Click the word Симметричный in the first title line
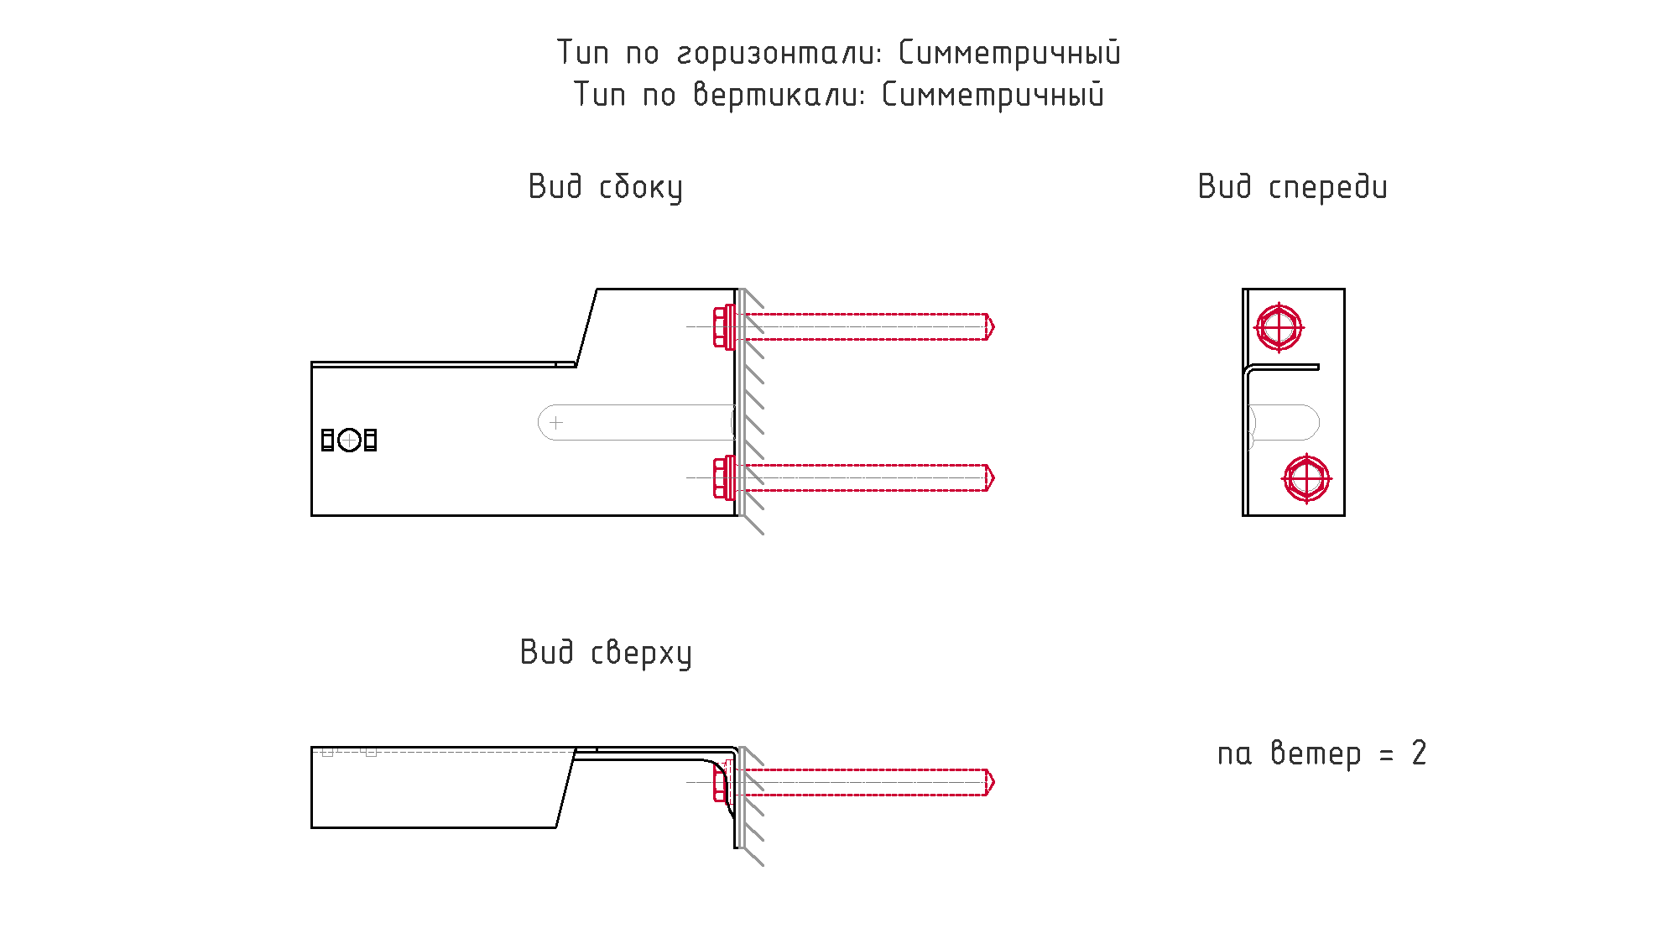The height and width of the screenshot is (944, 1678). [x=1009, y=53]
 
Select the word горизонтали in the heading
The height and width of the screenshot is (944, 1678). [x=779, y=53]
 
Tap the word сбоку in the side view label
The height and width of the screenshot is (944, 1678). [x=640, y=187]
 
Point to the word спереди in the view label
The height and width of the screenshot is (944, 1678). [x=1327, y=187]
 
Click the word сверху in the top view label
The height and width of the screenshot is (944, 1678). [x=641, y=653]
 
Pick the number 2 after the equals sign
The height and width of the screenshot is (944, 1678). [x=1419, y=753]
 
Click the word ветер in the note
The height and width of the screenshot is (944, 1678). [x=1316, y=754]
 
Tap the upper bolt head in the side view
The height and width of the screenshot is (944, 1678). [x=721, y=326]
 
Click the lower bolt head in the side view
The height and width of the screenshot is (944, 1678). [x=721, y=477]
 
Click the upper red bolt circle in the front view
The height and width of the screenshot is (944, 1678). [x=1279, y=326]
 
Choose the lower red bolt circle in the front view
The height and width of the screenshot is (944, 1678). [x=1306, y=478]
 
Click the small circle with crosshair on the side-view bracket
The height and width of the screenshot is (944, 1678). [x=349, y=440]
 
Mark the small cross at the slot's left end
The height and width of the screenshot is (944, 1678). [x=556, y=422]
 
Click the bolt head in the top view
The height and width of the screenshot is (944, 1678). [x=720, y=783]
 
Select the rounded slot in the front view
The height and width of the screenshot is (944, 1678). [x=1285, y=422]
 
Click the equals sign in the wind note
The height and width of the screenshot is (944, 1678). [x=1386, y=754]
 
